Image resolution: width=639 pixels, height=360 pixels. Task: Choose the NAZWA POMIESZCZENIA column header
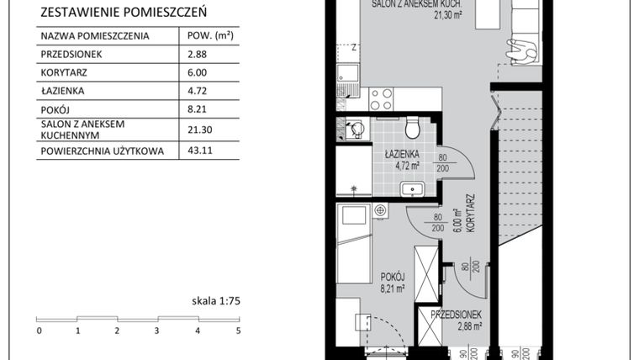click(x=95, y=36)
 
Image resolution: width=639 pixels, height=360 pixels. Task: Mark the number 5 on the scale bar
click(x=238, y=331)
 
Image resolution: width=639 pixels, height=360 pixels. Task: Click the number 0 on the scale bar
click(x=39, y=331)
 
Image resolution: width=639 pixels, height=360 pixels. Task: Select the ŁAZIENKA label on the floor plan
click(x=403, y=156)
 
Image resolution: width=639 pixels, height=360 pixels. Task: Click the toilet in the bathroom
click(x=412, y=129)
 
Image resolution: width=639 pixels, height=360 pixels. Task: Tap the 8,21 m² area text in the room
click(x=393, y=288)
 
